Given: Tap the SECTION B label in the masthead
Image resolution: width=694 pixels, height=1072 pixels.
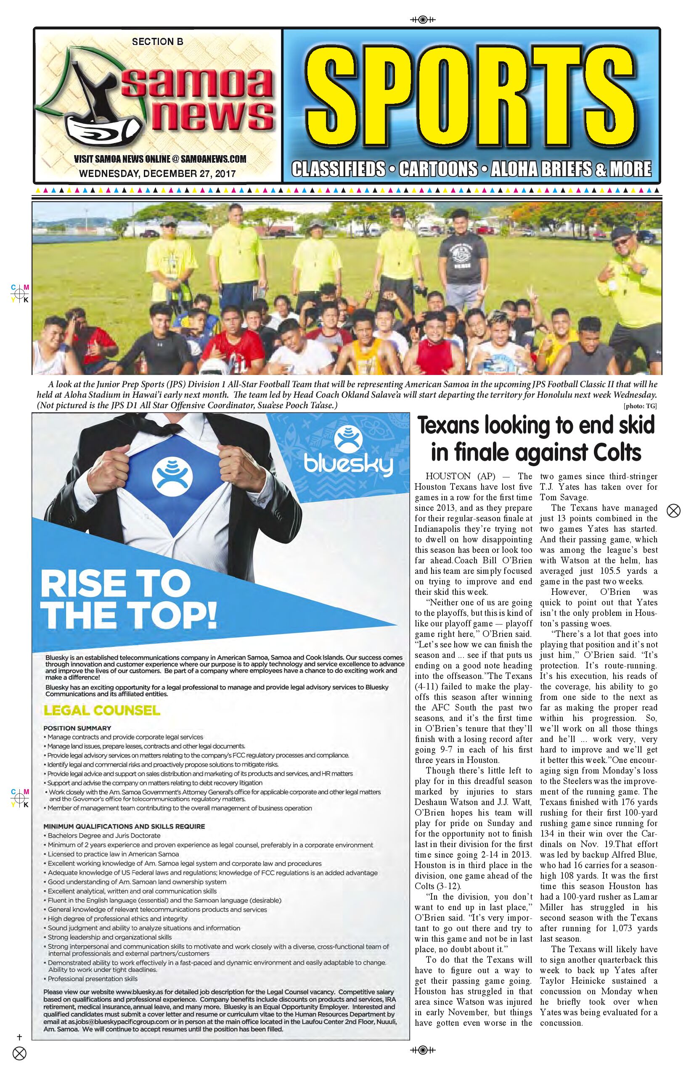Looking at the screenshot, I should coord(157,42).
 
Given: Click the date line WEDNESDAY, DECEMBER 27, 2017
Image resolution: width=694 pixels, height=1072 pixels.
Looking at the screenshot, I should coord(157,174).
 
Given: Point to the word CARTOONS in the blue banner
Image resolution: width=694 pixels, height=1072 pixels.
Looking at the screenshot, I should coord(437,169).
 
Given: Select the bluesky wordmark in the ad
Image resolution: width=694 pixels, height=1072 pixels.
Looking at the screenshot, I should coord(348,465).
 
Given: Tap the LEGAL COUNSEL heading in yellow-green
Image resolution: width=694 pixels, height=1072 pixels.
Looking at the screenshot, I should coord(101,711).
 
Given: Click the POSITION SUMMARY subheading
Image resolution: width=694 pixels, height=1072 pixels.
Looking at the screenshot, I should coord(77,728).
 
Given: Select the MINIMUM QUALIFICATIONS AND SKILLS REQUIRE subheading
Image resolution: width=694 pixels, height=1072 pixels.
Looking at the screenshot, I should coord(124,826).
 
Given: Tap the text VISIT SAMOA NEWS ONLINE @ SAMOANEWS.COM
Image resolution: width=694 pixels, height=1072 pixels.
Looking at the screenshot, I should coord(160,159).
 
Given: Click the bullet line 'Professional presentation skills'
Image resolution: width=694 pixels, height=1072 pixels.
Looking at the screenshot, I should coord(93,979).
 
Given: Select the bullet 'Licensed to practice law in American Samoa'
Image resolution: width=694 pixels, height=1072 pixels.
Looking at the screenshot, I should coord(113,854).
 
